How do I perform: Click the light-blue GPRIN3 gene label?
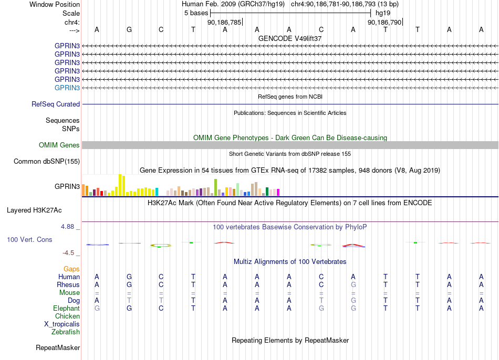pyautogui.click(x=67, y=88)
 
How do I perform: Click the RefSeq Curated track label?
pyautogui.click(x=56, y=104)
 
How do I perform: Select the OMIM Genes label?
pyautogui.click(x=59, y=145)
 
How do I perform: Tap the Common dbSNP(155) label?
pyautogui.click(x=47, y=161)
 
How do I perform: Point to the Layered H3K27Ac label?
pyautogui.click(x=34, y=210)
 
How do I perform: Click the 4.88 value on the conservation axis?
pyautogui.click(x=67, y=226)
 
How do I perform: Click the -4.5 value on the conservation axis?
pyautogui.click(x=68, y=253)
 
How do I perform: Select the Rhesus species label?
pyautogui.click(x=68, y=284)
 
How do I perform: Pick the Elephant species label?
pyautogui.click(x=67, y=308)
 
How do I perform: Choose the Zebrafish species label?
pyautogui.click(x=66, y=332)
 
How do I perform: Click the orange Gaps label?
pyautogui.click(x=71, y=269)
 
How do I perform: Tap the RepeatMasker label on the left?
pyautogui.click(x=58, y=347)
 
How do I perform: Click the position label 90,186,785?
pyautogui.click(x=224, y=22)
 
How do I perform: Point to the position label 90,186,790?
pyautogui.click(x=384, y=22)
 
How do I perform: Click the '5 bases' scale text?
pyautogui.click(x=196, y=13)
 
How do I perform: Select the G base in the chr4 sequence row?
pyautogui.click(x=129, y=29)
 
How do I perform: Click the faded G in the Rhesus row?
pyautogui.click(x=354, y=284)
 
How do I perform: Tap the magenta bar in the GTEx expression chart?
pyautogui.click(x=278, y=193)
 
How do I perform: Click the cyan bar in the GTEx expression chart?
pyautogui.click(x=157, y=192)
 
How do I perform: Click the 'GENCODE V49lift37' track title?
pyautogui.click(x=290, y=38)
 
